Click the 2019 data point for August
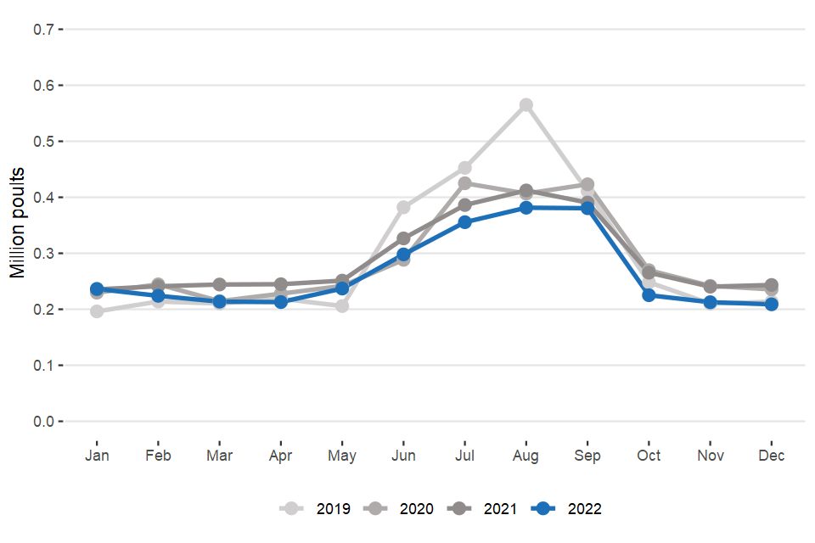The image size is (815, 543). pyautogui.click(x=526, y=105)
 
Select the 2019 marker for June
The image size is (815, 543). pyautogui.click(x=403, y=207)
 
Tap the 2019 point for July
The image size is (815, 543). pyautogui.click(x=465, y=168)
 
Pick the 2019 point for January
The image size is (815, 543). pyautogui.click(x=97, y=311)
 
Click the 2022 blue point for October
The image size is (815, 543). pyautogui.click(x=649, y=295)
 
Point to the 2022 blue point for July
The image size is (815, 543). pyautogui.click(x=465, y=222)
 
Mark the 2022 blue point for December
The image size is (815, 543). pyautogui.click(x=772, y=304)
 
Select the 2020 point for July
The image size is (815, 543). pyautogui.click(x=465, y=183)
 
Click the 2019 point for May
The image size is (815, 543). pyautogui.click(x=342, y=305)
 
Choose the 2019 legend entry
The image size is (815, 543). pyautogui.click(x=314, y=509)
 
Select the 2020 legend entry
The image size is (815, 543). pyautogui.click(x=398, y=509)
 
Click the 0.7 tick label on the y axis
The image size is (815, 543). pyautogui.click(x=43, y=30)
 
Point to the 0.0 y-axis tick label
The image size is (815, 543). pyautogui.click(x=43, y=422)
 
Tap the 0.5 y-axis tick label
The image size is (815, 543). pyautogui.click(x=43, y=142)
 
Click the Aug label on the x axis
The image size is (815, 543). pyautogui.click(x=526, y=456)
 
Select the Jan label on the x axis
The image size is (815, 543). pyautogui.click(x=97, y=456)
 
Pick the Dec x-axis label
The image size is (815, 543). pyautogui.click(x=772, y=456)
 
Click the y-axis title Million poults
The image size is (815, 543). pyautogui.click(x=18, y=225)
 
